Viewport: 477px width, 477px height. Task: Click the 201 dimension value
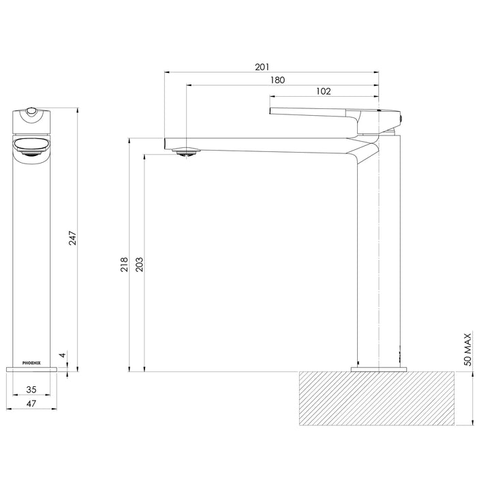coord(262,67)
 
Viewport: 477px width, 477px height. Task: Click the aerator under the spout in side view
coord(185,152)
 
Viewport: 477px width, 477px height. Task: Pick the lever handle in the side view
coord(313,112)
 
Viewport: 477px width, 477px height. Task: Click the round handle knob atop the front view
coord(31,111)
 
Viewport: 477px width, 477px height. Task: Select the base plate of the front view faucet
coord(31,369)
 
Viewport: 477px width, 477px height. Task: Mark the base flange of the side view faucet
coord(378,369)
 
